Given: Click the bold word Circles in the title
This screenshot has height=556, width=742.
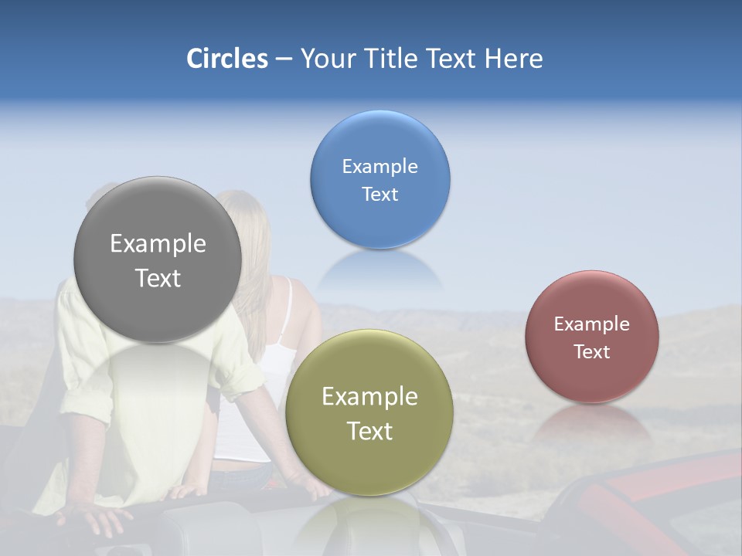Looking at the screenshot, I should (226, 59).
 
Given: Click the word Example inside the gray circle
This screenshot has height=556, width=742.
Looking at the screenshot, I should (158, 244).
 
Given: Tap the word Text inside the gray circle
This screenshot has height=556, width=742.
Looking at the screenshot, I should (158, 278).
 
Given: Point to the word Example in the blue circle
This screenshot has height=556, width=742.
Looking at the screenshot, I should (380, 167).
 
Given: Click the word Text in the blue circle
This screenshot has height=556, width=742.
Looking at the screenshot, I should (380, 195).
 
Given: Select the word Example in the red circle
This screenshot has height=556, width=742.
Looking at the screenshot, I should (591, 324).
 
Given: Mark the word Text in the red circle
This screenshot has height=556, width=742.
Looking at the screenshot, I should (591, 352).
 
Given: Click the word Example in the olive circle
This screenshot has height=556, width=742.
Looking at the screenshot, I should (369, 397).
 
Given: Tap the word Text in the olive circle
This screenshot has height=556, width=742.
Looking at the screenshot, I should (369, 431).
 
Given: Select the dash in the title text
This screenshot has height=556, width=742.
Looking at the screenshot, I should (284, 59).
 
